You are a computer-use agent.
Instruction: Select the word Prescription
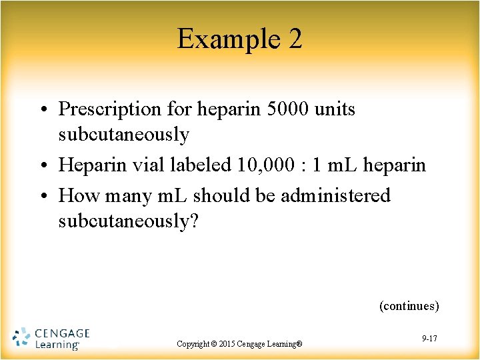pyautogui.click(x=110, y=109)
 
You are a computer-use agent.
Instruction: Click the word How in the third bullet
pyautogui.click(x=76, y=196)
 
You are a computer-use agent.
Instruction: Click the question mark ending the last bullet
pyautogui.click(x=194, y=222)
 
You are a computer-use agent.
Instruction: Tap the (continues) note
pyautogui.click(x=409, y=306)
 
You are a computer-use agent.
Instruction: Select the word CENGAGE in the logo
pyautogui.click(x=61, y=332)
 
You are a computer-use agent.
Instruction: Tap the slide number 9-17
pyautogui.click(x=429, y=339)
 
